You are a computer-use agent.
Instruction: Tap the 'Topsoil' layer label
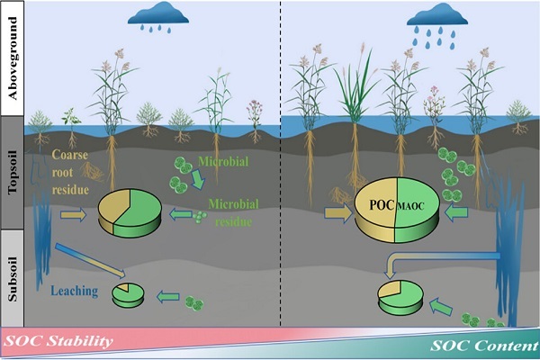click(x=13, y=176)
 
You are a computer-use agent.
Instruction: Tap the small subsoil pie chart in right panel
click(x=401, y=297)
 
